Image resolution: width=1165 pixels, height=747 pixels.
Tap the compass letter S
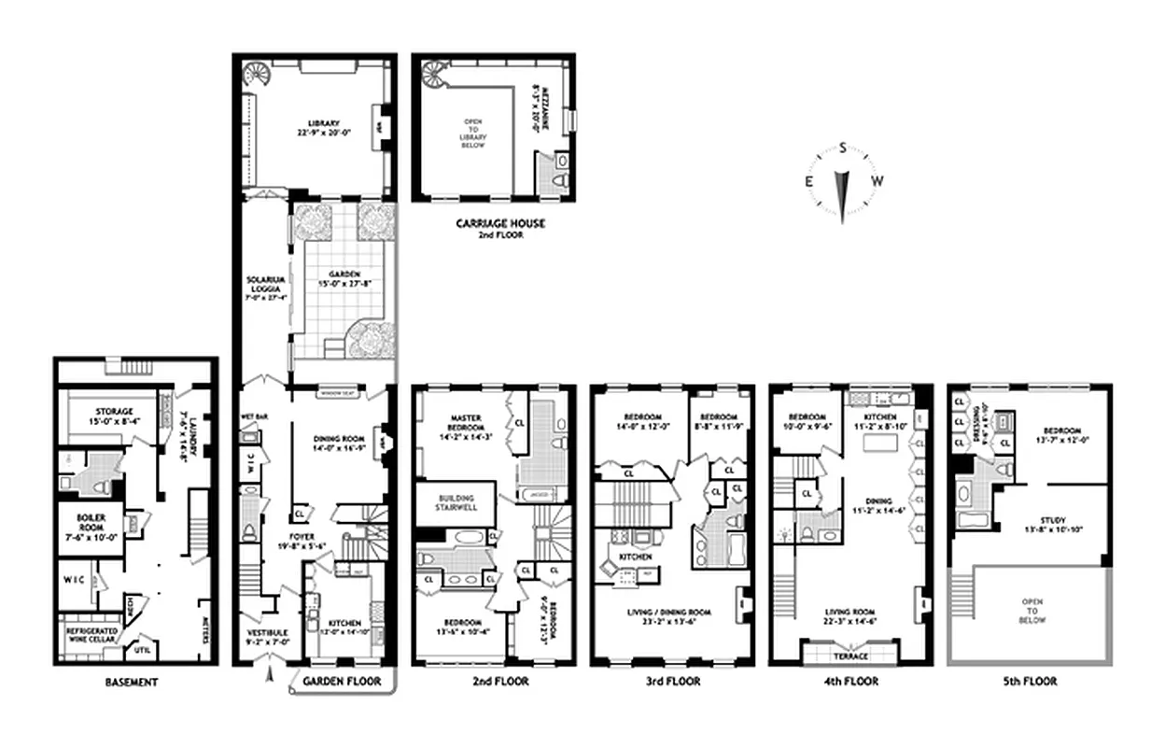pos(843,148)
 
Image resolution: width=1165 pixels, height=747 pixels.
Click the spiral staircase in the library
pos(254,75)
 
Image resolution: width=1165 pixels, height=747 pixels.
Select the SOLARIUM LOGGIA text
pos(260,284)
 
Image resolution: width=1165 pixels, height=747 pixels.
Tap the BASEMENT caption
pos(132,682)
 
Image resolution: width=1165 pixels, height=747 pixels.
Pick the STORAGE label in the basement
pos(113,412)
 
